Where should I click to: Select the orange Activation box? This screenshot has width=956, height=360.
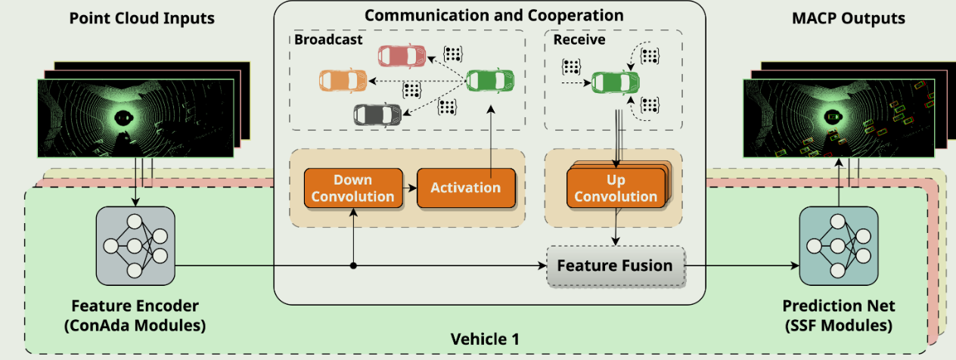pyautogui.click(x=466, y=188)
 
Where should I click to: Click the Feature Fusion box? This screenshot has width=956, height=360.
pyautogui.click(x=614, y=266)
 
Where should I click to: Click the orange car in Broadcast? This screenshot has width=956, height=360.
pyautogui.click(x=343, y=79)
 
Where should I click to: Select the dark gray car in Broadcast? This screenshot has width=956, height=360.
pyautogui.click(x=377, y=114)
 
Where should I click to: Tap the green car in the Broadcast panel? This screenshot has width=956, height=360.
pyautogui.click(x=490, y=80)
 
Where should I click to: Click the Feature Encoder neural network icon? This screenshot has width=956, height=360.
pyautogui.click(x=135, y=247)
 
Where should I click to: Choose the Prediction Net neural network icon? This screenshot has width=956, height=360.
pyautogui.click(x=838, y=247)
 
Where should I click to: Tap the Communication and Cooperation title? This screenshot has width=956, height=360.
pyautogui.click(x=494, y=15)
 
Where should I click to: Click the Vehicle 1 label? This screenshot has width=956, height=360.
pyautogui.click(x=485, y=339)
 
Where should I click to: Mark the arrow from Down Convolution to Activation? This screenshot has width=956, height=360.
pyautogui.click(x=408, y=188)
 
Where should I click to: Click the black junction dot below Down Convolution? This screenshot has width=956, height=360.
pyautogui.click(x=354, y=265)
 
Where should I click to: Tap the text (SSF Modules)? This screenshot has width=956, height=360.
pyautogui.click(x=838, y=326)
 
